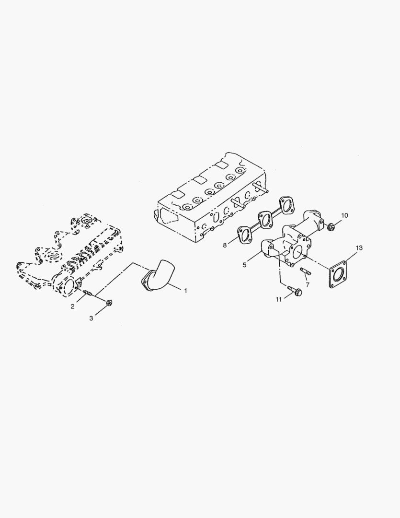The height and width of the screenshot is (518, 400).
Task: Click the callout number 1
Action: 186,291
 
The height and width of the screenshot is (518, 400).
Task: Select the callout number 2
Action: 72,306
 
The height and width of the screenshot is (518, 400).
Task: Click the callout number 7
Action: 307,285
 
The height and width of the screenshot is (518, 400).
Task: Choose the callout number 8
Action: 225,245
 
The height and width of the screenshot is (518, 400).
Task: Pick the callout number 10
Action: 345,215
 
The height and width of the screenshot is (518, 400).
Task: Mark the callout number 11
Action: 278,300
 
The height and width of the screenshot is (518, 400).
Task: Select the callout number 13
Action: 359,248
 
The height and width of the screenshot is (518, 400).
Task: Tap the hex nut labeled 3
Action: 109,303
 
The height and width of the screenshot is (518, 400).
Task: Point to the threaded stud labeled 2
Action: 88,293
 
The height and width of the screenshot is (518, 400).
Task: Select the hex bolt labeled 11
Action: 294,290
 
